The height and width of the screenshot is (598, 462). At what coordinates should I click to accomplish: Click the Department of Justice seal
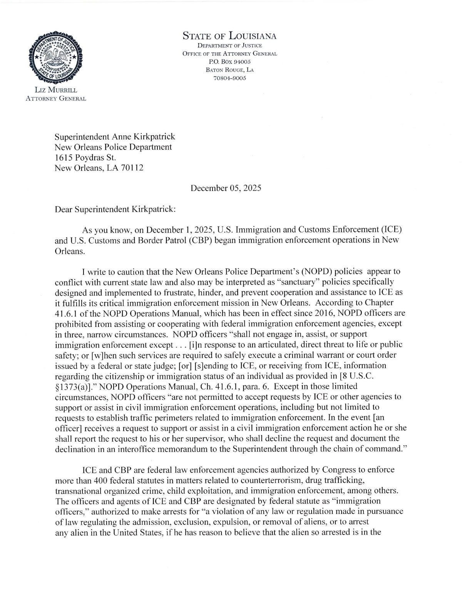[x=55, y=57]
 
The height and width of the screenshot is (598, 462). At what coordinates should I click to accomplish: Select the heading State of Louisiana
[x=229, y=37]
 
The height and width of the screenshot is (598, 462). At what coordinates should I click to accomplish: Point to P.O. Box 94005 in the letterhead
[x=229, y=62]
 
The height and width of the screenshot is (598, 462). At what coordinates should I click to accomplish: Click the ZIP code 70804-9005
[x=229, y=78]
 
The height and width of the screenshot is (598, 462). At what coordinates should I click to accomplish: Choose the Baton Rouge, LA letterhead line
[x=229, y=70]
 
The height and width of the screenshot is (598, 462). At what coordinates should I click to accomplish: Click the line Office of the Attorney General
[x=229, y=54]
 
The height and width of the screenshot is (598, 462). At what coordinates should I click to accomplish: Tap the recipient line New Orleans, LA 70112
[x=100, y=168]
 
